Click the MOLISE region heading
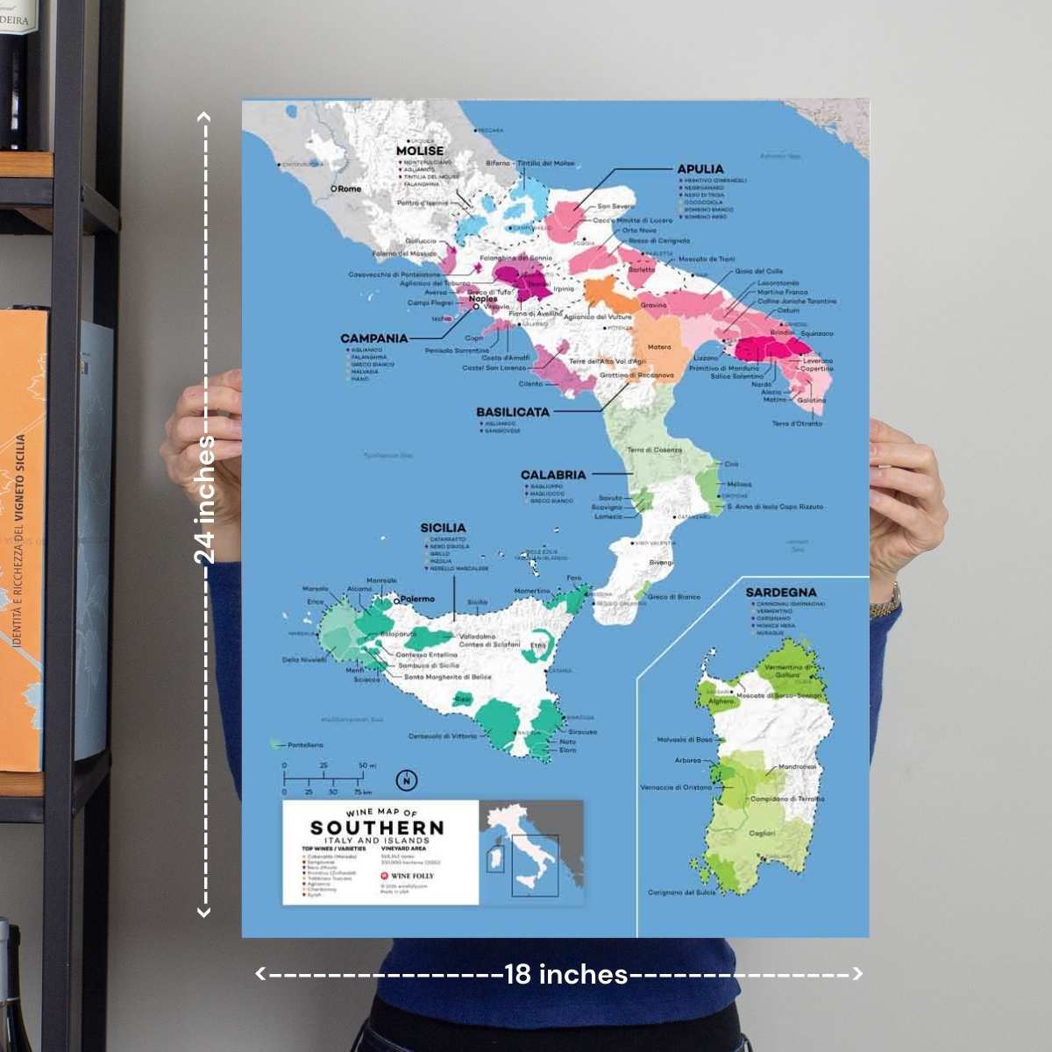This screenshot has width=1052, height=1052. tap(420, 151)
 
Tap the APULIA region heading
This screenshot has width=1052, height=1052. tap(700, 169)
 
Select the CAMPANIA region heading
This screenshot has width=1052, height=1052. tap(374, 338)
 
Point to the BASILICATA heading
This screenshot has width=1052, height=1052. tap(513, 412)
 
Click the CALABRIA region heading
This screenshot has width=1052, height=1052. tap(552, 475)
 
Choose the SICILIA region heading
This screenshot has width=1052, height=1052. tap(443, 528)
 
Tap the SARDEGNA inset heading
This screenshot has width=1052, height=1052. tap(780, 593)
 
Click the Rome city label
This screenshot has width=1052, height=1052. tap(349, 188)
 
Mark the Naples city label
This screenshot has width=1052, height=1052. tap(483, 299)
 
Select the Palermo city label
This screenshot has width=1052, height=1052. tap(417, 599)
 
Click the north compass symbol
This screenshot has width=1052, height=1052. tap(407, 779)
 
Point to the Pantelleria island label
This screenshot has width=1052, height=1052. tap(304, 745)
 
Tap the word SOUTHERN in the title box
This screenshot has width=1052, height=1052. tap(377, 828)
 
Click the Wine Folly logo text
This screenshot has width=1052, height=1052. tap(412, 876)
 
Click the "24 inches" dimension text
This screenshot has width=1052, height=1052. tap(204, 500)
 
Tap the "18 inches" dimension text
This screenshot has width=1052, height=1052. tap(566, 974)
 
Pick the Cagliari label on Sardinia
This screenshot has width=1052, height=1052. tap(762, 834)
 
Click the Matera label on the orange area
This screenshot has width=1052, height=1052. tap(658, 347)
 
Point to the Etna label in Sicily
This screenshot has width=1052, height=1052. tap(538, 645)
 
